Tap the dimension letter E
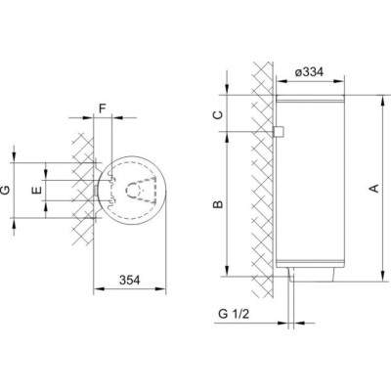click(x=37, y=189)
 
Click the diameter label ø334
click(x=311, y=70)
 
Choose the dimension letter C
click(x=218, y=114)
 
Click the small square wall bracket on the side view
click(x=280, y=132)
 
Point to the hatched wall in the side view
click(x=262, y=176)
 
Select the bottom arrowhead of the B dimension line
click(x=225, y=275)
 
